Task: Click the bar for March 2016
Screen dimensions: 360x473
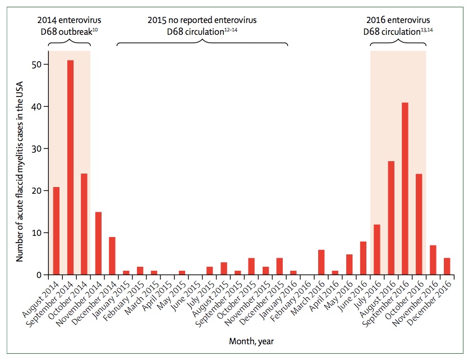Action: [321, 262]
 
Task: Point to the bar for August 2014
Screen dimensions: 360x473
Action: [56, 231]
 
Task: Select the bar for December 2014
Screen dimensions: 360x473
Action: [112, 256]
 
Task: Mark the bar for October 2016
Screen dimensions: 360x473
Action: [419, 224]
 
